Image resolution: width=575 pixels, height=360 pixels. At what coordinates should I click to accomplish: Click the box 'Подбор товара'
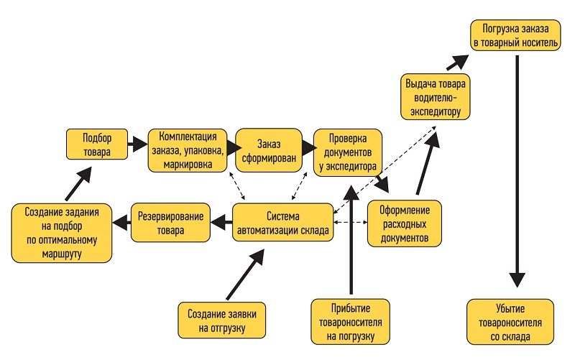96,144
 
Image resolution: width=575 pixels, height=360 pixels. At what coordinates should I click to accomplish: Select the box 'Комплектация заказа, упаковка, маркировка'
188,150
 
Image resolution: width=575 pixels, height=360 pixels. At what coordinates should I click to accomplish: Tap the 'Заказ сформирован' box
265,151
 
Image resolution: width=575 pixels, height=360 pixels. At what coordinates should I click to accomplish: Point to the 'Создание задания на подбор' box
63,233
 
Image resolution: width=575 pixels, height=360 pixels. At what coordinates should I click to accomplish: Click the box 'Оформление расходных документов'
404,223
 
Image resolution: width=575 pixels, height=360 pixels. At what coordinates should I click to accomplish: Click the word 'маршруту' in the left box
62,254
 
